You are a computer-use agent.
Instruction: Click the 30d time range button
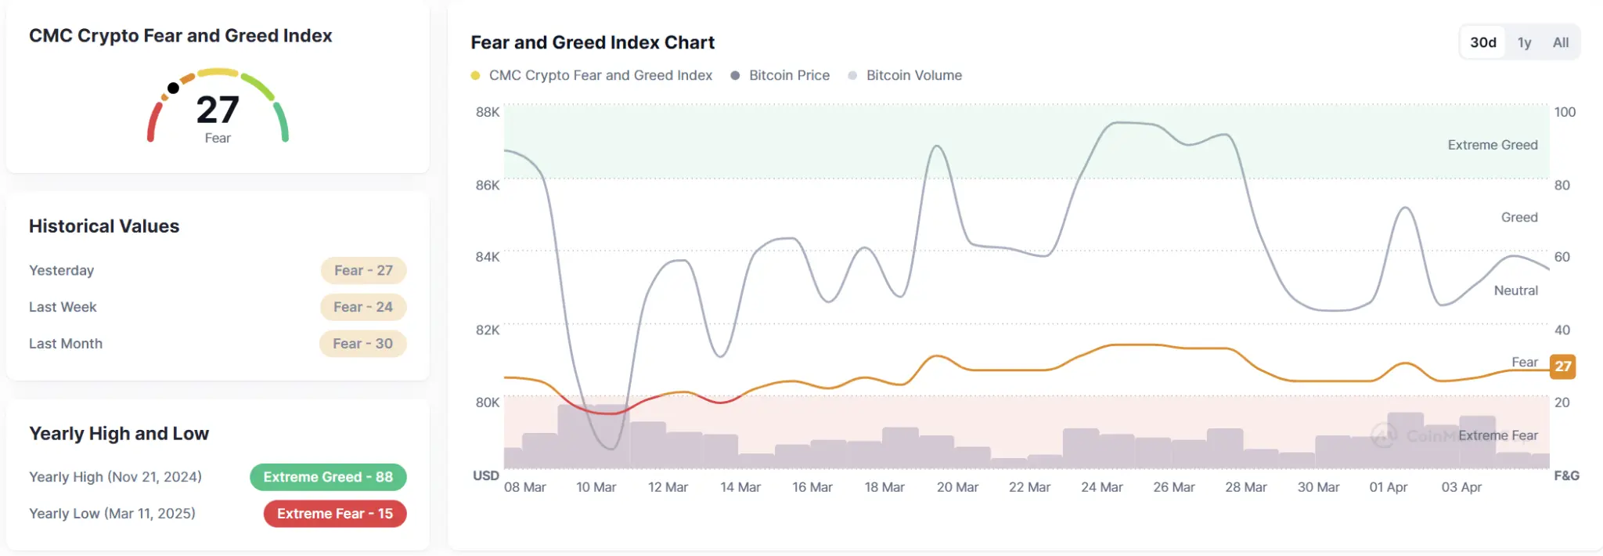(x=1482, y=42)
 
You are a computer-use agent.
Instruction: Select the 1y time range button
(x=1524, y=42)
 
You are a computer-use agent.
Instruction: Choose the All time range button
(x=1561, y=42)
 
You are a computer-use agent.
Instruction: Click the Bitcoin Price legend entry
(x=788, y=75)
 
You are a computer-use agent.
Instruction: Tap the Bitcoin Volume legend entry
(x=913, y=75)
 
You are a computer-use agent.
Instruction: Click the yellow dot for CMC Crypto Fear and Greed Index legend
(x=475, y=75)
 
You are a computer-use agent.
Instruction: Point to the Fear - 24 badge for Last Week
(x=363, y=307)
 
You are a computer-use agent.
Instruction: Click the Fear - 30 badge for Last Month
(x=362, y=344)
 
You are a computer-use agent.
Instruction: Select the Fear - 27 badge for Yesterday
(x=363, y=270)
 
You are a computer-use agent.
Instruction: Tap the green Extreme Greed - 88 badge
(x=328, y=477)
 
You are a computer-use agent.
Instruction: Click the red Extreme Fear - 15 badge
(x=335, y=514)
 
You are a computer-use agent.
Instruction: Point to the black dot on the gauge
(x=173, y=88)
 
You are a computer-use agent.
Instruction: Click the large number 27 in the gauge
(x=218, y=110)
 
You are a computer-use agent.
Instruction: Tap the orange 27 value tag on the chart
(x=1562, y=366)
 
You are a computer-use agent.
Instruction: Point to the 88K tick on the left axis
(x=488, y=112)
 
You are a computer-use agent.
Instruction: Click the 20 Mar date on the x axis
(x=957, y=487)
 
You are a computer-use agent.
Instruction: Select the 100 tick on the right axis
(x=1565, y=112)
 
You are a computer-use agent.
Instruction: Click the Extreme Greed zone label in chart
(x=1492, y=145)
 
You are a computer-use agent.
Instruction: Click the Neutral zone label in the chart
(x=1515, y=291)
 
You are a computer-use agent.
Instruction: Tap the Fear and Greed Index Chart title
(x=593, y=42)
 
